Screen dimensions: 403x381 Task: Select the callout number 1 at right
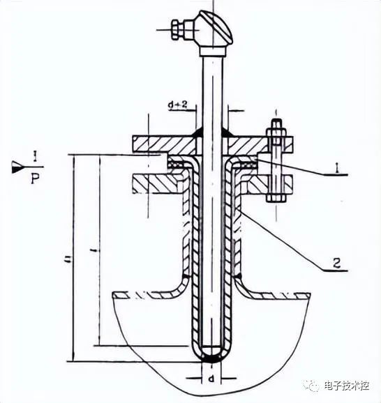coord(337,168)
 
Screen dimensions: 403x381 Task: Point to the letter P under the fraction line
coord(36,179)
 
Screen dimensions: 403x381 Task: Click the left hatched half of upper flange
coord(160,144)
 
